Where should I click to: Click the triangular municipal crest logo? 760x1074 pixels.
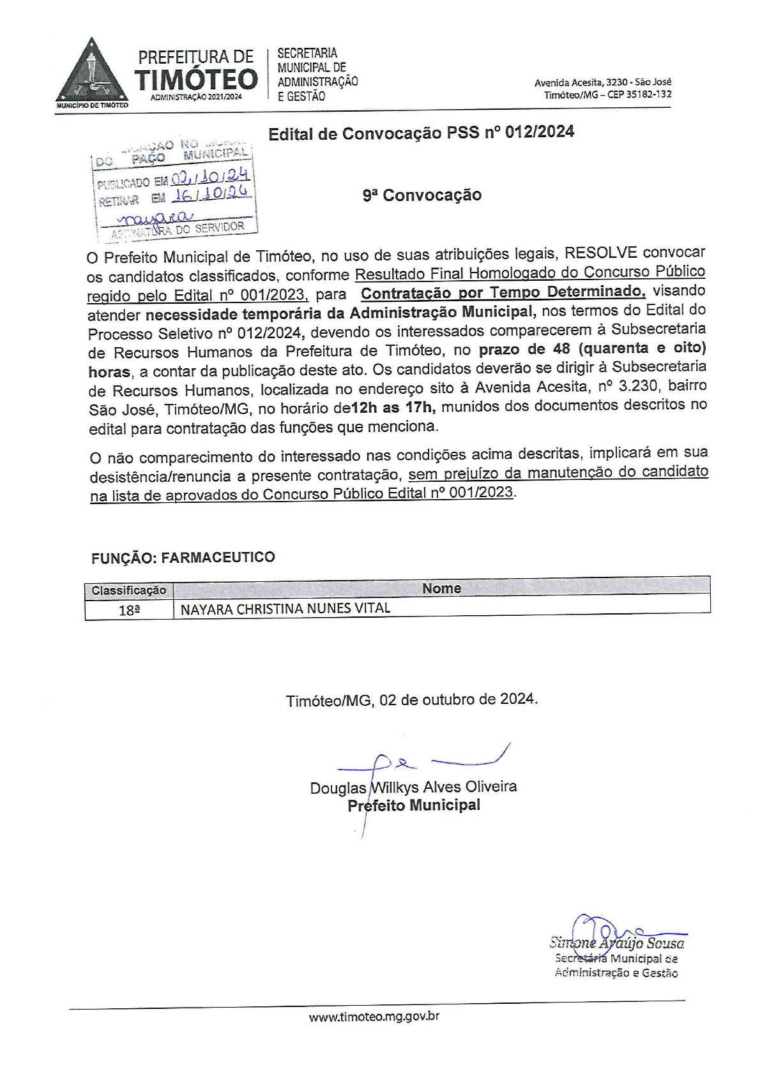[x=91, y=73]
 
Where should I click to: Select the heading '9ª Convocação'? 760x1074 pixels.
[x=422, y=195]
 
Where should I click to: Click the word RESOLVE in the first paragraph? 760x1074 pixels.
[x=599, y=253]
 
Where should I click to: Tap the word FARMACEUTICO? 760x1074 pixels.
[x=218, y=557]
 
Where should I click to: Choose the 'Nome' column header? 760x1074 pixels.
[x=441, y=588]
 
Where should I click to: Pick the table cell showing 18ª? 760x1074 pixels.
[x=129, y=610]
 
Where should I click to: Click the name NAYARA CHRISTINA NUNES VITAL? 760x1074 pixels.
[x=285, y=609]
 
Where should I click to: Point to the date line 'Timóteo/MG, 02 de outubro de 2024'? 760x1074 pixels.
[x=412, y=699]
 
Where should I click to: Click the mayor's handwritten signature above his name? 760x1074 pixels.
[x=422, y=762]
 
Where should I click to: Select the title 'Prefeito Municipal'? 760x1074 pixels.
[x=414, y=805]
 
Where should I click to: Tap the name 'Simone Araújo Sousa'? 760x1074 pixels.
[x=617, y=943]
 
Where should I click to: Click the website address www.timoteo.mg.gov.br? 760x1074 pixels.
[x=374, y=1017]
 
